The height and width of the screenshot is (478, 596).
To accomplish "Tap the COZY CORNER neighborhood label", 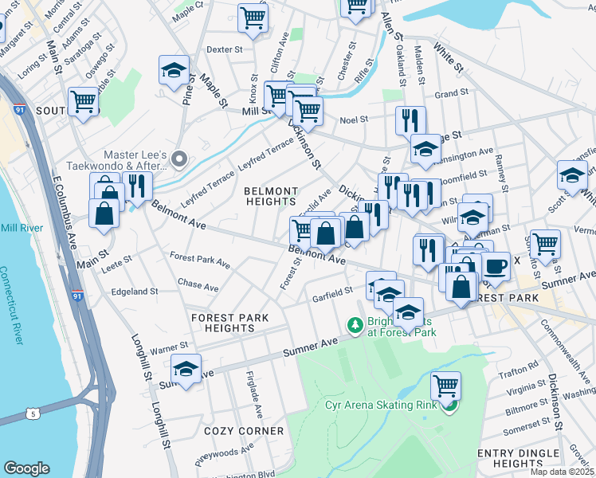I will point(244,430).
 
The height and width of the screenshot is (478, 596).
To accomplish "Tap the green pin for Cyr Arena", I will point(450,406).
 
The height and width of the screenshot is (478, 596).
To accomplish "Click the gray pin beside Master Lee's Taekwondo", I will point(179,160).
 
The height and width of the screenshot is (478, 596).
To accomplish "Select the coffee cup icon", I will point(496,266).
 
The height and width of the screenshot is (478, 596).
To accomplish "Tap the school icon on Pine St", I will point(174,71).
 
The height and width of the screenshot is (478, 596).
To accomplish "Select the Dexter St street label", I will point(224,49).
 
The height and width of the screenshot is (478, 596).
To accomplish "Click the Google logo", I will point(27,468).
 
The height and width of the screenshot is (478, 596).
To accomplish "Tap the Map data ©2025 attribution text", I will point(559,472).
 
